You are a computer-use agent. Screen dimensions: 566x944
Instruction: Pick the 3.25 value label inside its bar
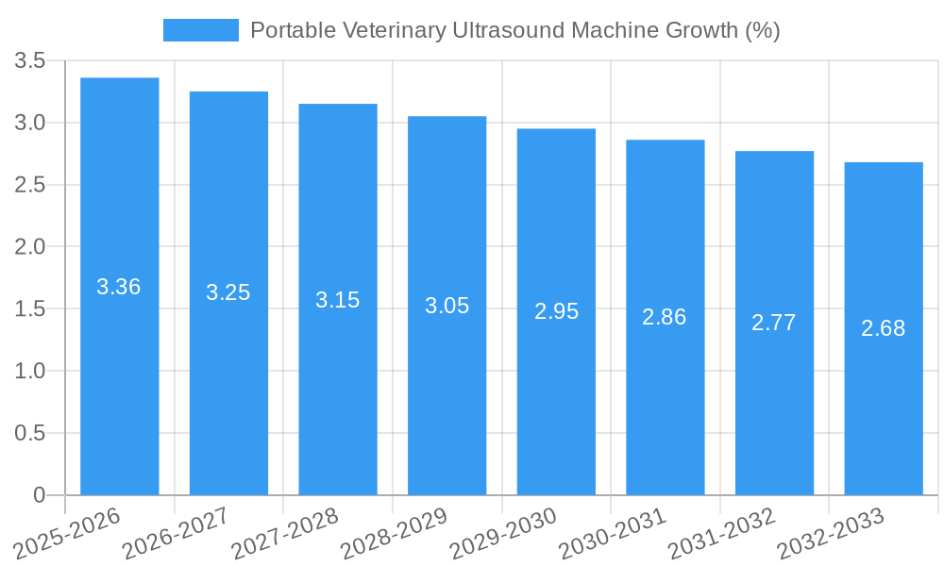228,292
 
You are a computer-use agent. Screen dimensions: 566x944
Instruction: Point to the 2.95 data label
556,311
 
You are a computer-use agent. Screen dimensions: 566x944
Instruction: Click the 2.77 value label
774,323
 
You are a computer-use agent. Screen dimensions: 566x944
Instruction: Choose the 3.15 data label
338,300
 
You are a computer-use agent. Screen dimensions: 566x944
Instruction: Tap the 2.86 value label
665,317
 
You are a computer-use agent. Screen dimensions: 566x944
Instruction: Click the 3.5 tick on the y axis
30,61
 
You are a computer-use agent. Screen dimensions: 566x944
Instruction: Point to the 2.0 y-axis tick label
30,247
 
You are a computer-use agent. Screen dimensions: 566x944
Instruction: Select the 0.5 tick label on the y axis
30,433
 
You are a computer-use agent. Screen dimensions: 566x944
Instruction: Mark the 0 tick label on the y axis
39,495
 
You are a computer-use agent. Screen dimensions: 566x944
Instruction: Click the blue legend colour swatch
200,30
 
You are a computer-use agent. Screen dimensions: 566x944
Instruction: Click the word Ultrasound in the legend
508,30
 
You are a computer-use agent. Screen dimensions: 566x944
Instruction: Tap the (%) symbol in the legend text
762,30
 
